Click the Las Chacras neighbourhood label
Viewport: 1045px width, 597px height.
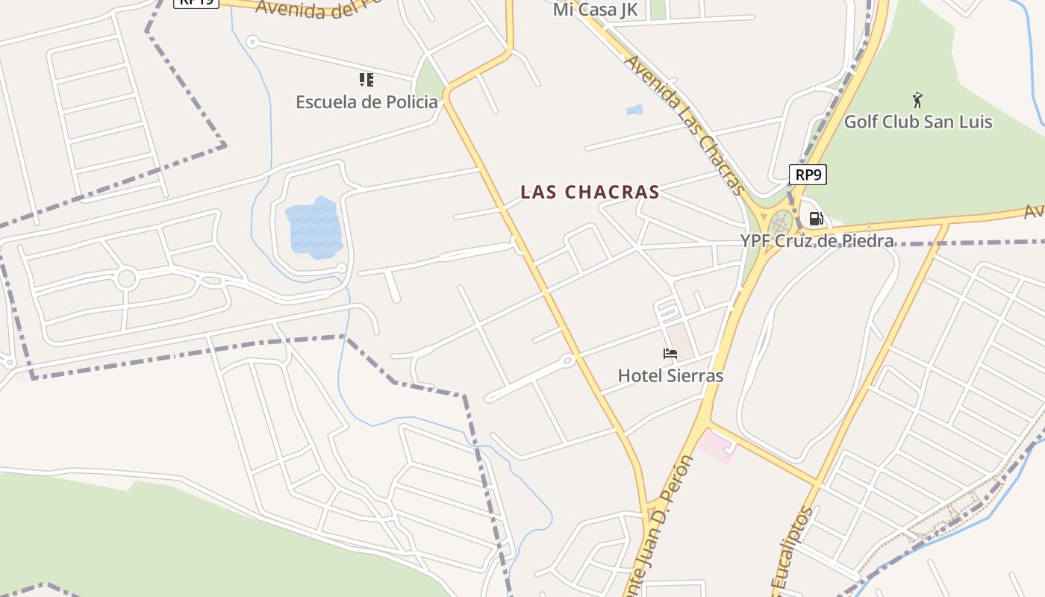pos(590,193)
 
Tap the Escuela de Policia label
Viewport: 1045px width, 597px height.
pos(366,102)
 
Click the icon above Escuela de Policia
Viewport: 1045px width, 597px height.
pos(366,79)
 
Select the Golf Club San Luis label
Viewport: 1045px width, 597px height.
pos(917,122)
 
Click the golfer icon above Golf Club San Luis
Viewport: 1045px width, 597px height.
pos(917,99)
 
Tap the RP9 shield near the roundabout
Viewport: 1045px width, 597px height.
pos(808,175)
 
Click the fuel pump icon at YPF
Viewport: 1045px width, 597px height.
pos(816,219)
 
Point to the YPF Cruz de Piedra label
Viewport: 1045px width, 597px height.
pos(817,241)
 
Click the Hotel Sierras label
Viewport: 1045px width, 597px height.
pos(670,375)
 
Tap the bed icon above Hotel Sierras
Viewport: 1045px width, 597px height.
pos(670,353)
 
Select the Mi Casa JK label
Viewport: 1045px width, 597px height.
pos(595,10)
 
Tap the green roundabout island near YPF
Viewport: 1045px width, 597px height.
pos(781,223)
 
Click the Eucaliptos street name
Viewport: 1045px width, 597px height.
pos(791,552)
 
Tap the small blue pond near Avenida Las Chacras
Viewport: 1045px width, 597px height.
pos(634,110)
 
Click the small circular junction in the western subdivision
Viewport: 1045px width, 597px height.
pos(126,278)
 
